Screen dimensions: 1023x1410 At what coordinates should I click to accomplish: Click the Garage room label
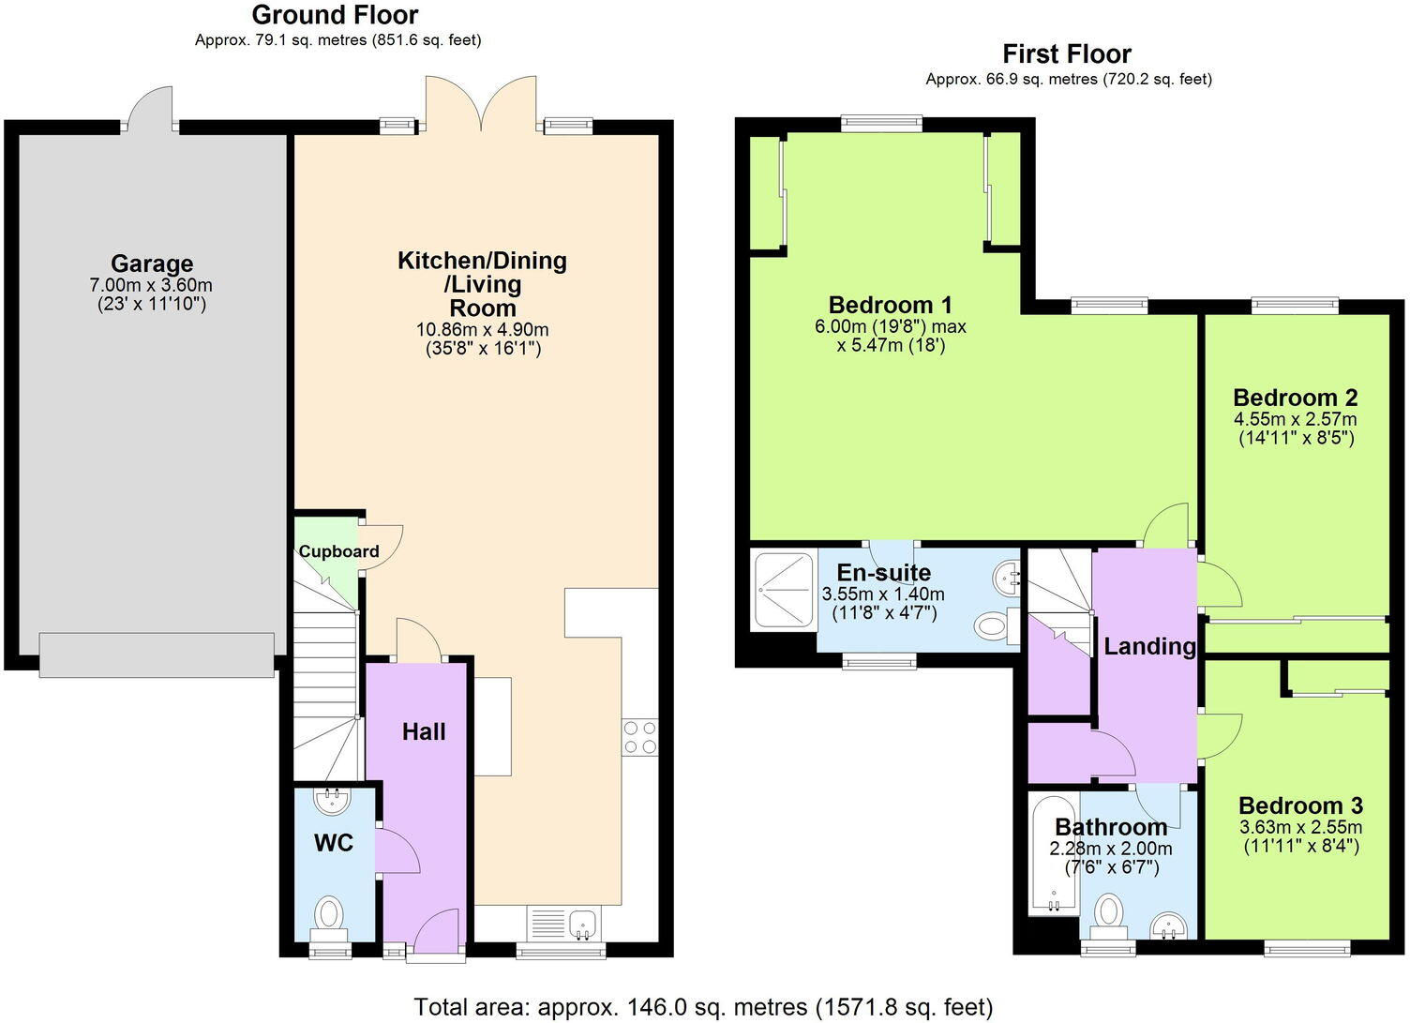[152, 263]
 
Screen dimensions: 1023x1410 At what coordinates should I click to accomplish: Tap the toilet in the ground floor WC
[328, 914]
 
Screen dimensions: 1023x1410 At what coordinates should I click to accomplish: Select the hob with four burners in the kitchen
[639, 737]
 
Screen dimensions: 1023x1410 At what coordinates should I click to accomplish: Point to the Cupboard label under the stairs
[338, 551]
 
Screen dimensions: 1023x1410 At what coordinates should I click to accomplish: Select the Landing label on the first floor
[1149, 646]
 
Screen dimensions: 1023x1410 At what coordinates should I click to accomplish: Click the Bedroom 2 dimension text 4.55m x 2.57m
[1295, 419]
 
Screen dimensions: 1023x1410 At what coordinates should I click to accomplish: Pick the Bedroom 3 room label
[1300, 805]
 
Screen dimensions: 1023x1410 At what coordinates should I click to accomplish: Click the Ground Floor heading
[336, 15]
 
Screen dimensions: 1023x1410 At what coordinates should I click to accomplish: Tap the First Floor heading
[1067, 54]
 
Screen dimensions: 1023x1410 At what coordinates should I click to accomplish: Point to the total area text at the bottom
[703, 1007]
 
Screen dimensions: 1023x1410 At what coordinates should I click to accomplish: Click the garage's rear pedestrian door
[150, 108]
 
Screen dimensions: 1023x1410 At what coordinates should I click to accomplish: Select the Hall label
[424, 731]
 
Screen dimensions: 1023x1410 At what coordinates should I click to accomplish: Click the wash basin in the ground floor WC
[331, 803]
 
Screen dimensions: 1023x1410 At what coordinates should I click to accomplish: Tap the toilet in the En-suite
[992, 625]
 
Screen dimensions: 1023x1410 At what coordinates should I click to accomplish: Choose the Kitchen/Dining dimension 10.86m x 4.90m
[482, 330]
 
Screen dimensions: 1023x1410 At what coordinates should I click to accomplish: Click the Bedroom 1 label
[890, 305]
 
